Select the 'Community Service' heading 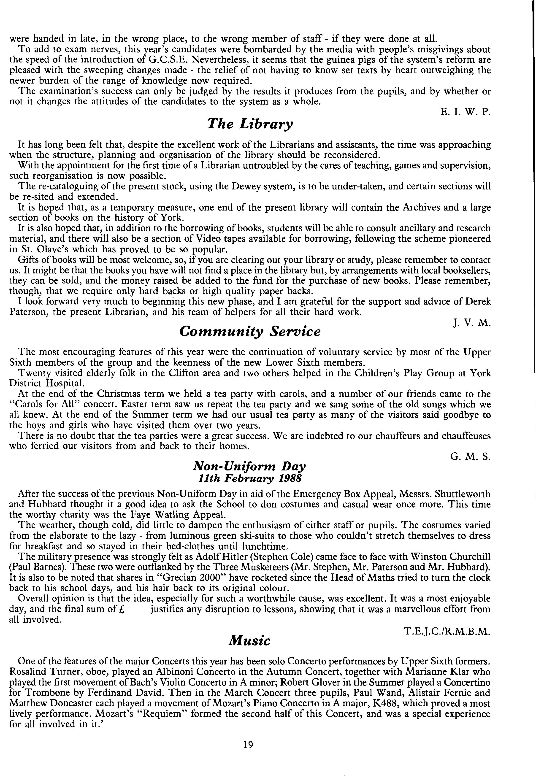pyautogui.click(x=250, y=332)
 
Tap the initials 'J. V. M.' pyautogui.click(x=472, y=323)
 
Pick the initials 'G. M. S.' pyautogui.click(x=470, y=457)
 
